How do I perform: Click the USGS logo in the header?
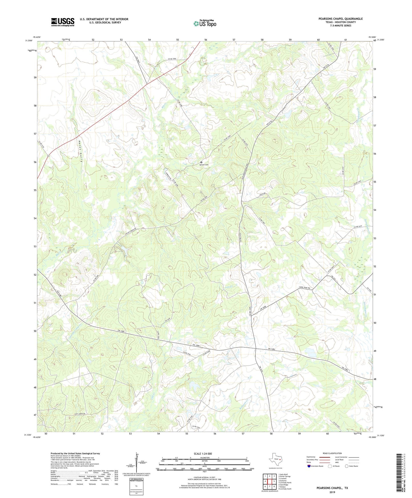coord(63,22)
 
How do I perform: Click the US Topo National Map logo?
coord(205,23)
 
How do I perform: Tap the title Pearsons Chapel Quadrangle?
coord(340,19)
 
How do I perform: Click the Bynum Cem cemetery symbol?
coord(201,162)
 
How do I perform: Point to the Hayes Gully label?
coord(81,151)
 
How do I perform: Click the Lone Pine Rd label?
coord(306,288)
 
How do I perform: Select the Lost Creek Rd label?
coord(80,414)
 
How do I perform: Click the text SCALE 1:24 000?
coord(203,454)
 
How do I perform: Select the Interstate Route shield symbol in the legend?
coord(309,466)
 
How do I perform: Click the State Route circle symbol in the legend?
coord(346,466)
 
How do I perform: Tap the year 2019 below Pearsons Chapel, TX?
coord(332,492)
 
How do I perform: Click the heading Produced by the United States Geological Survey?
coord(75,454)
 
